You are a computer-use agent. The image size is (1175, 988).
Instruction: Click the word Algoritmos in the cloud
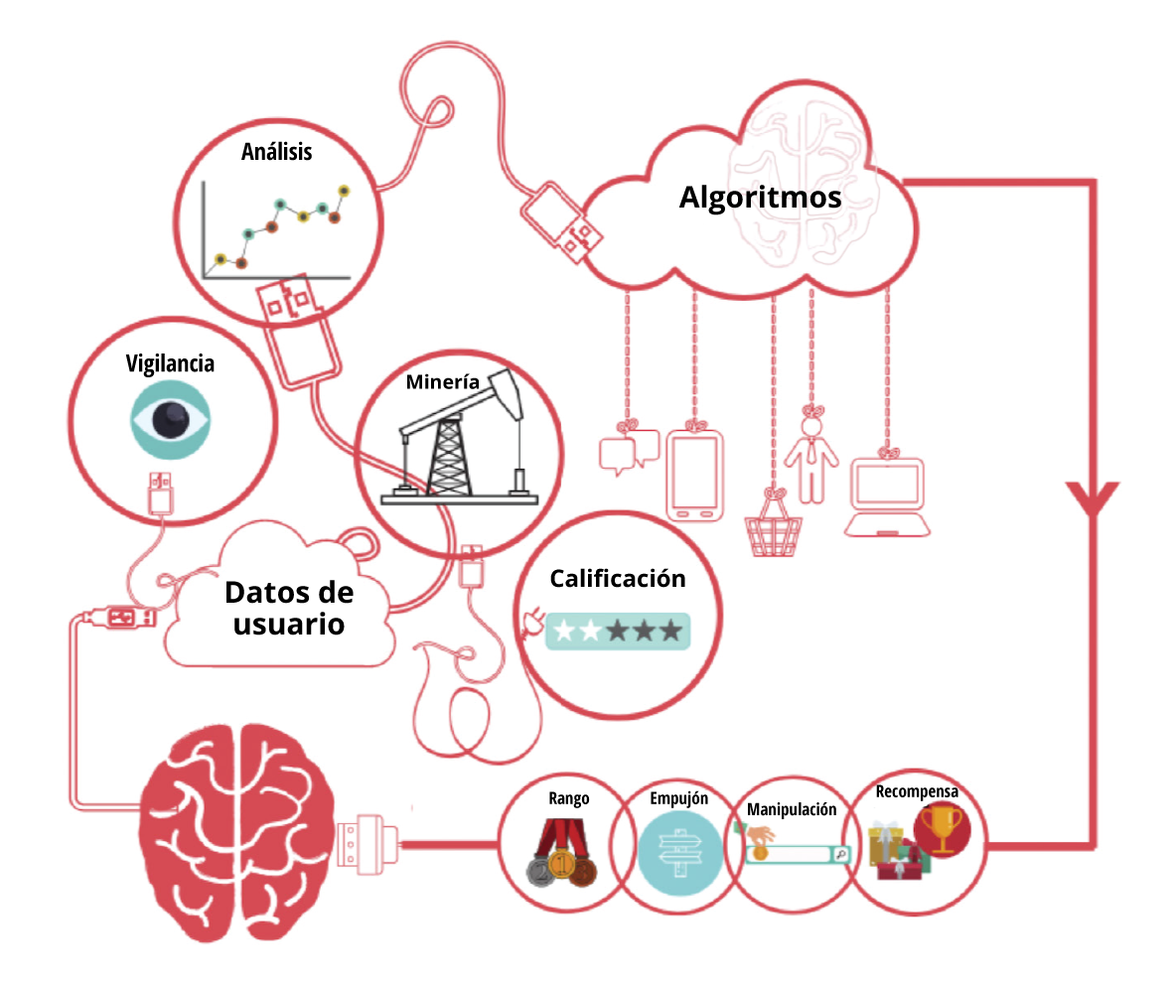[x=760, y=197]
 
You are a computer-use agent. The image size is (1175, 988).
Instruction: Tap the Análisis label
[x=276, y=151]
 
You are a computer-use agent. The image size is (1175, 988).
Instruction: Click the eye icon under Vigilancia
[x=170, y=419]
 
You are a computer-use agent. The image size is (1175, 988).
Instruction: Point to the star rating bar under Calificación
[x=618, y=631]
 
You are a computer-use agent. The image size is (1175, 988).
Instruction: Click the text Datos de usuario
[x=289, y=608]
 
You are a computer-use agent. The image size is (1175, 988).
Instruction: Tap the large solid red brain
[x=236, y=833]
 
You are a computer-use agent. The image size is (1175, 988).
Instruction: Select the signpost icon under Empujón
[x=679, y=852]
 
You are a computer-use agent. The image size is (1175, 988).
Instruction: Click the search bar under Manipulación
[x=798, y=853]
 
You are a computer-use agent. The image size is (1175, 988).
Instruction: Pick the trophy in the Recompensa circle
[x=942, y=829]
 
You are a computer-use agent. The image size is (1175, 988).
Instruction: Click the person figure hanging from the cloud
[x=810, y=459]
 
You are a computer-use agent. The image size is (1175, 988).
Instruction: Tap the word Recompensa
[x=917, y=791]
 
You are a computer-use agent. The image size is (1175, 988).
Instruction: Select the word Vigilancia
[x=170, y=363]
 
